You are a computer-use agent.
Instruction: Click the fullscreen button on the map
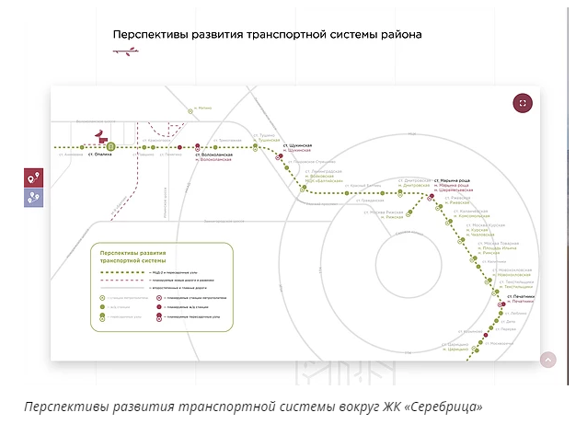(523, 103)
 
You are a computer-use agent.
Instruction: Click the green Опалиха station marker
(109, 146)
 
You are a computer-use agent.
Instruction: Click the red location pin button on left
(34, 178)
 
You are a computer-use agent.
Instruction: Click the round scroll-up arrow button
(549, 360)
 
